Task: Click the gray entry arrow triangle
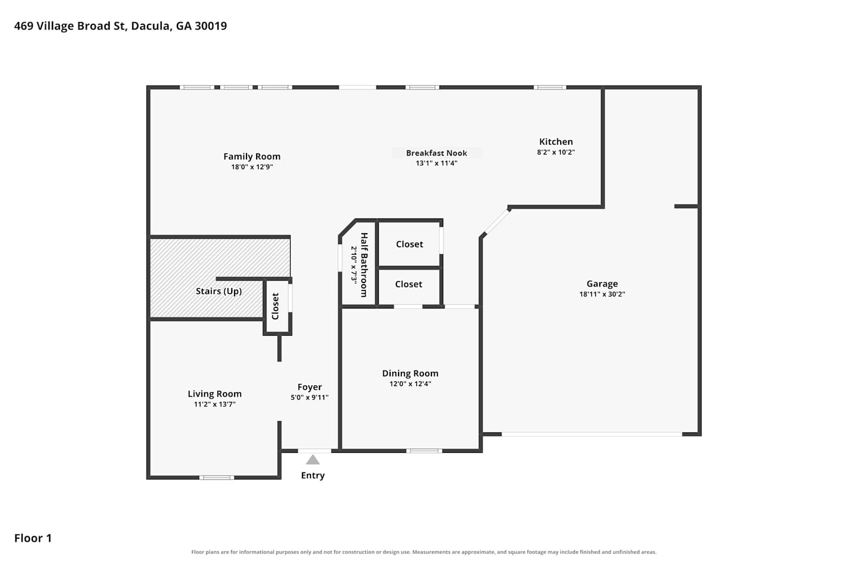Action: tap(313, 460)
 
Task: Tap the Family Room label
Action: tap(252, 156)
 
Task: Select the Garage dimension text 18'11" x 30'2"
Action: tap(602, 294)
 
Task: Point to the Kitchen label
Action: tap(556, 141)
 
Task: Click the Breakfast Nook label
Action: tap(436, 153)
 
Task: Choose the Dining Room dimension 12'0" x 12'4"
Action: tap(410, 384)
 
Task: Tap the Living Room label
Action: tap(215, 394)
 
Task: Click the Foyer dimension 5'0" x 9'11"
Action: tap(309, 397)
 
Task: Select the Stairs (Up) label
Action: tap(218, 291)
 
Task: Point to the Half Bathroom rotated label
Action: tap(364, 265)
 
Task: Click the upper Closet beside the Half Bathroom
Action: tap(409, 244)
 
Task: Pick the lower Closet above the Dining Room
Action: tap(409, 284)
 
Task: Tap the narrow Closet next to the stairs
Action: tap(275, 306)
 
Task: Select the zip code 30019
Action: tap(211, 26)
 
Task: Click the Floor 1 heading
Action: tap(33, 538)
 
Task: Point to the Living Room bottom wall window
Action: tap(217, 478)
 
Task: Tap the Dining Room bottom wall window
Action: tap(424, 451)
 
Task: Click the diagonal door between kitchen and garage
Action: tap(496, 221)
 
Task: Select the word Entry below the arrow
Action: tap(313, 475)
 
